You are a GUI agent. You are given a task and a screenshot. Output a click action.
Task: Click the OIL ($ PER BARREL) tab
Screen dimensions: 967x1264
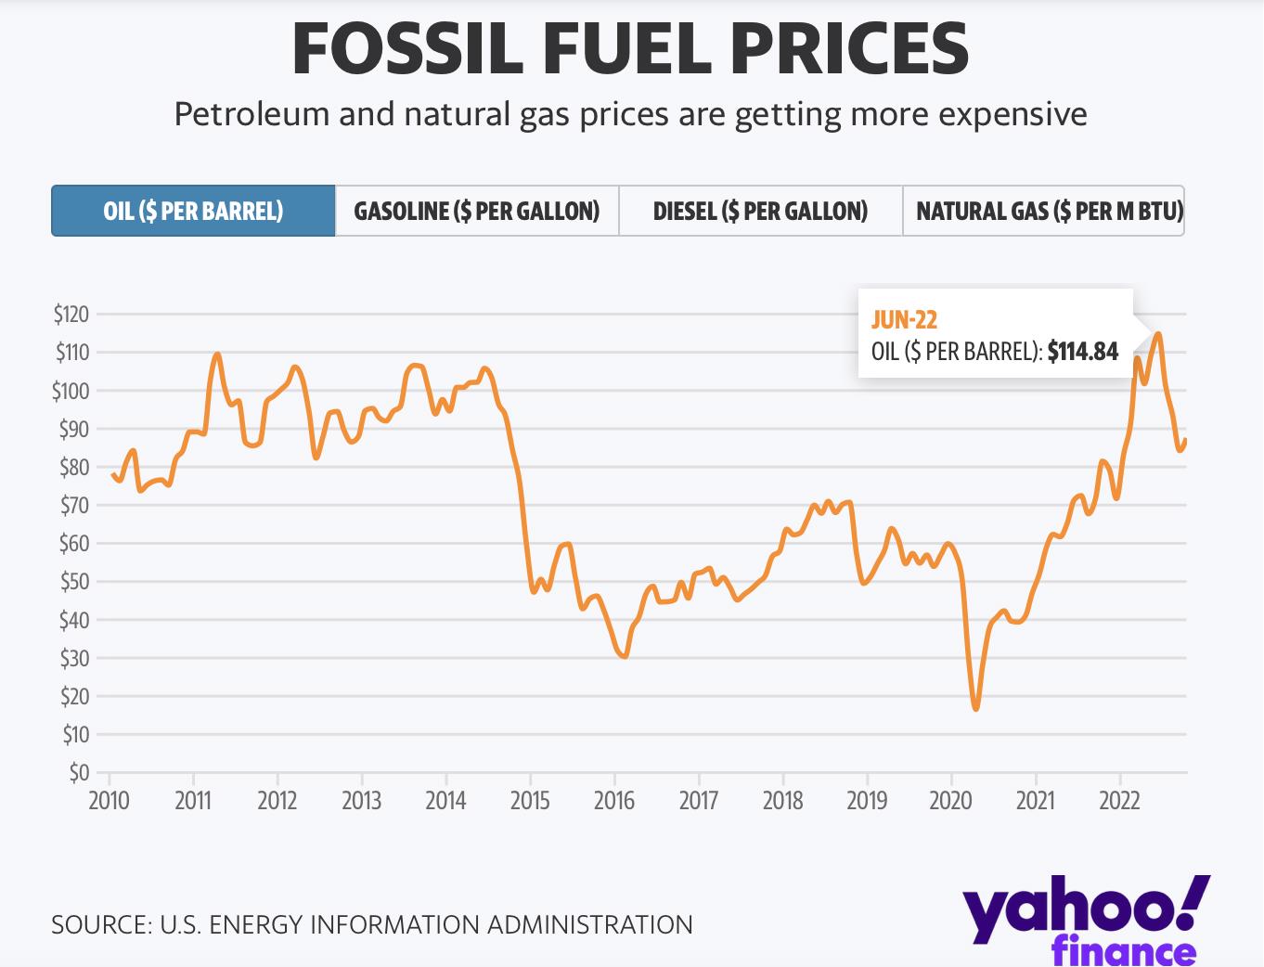click(193, 211)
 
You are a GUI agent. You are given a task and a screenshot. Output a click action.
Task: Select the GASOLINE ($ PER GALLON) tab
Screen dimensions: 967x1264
click(476, 211)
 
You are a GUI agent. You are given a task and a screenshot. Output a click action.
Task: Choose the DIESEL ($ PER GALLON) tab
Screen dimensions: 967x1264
click(760, 211)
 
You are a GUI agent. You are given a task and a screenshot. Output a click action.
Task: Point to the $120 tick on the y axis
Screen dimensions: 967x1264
click(71, 314)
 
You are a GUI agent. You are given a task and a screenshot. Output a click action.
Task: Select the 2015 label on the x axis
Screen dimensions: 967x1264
click(530, 800)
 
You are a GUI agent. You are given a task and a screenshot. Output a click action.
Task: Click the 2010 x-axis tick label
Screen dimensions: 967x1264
click(109, 800)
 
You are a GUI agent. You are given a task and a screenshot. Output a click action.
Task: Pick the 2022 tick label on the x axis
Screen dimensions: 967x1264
click(1119, 800)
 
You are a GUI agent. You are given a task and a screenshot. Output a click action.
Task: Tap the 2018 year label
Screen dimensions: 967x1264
click(782, 800)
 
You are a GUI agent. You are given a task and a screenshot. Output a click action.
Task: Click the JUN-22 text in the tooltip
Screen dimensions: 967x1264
click(904, 320)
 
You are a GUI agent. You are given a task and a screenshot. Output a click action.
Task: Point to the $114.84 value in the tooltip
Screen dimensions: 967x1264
click(1082, 352)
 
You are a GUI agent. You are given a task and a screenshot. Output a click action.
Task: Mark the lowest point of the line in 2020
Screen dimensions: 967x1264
click(976, 709)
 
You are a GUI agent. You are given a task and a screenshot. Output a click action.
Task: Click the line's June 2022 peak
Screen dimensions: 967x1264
click(1157, 333)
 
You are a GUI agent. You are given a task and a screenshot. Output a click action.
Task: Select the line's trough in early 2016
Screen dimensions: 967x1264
click(624, 656)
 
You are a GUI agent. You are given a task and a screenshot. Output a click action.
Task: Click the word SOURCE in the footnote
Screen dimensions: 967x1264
click(99, 924)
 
